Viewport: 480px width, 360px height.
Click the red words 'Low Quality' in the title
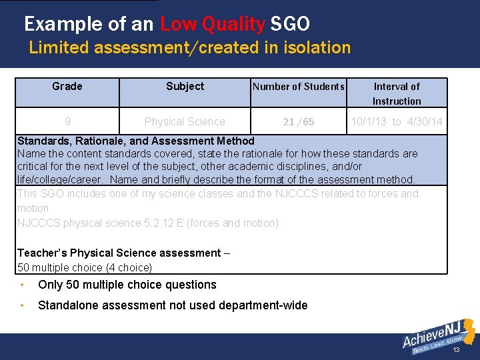[212, 25]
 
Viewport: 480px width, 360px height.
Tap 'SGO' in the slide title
[290, 25]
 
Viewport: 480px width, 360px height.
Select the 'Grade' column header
[67, 86]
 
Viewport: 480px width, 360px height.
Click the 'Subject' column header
[185, 86]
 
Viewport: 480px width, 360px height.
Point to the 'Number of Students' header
[298, 86]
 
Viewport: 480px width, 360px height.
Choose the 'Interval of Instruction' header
[397, 93]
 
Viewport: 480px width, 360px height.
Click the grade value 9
[67, 121]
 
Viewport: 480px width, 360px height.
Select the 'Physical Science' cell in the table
[185, 121]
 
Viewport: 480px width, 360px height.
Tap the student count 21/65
[299, 122]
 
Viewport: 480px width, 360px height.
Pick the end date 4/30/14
[424, 121]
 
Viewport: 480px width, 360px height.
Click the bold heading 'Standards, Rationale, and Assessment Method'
[136, 141]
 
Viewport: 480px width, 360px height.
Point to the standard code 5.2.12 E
[164, 223]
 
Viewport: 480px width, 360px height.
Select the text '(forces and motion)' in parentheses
[233, 223]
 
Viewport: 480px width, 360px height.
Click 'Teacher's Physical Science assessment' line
[119, 253]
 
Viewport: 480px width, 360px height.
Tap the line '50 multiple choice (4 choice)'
[85, 267]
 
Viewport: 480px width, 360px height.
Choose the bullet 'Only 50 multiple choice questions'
[127, 285]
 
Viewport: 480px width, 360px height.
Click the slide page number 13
[457, 350]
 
